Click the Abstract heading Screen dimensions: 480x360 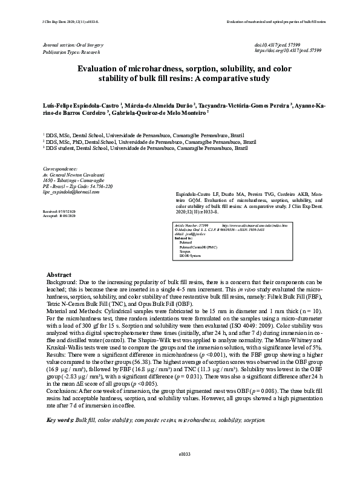click(59, 274)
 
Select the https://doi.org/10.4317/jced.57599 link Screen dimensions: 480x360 click(288, 52)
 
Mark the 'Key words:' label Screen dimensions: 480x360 click(59, 419)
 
